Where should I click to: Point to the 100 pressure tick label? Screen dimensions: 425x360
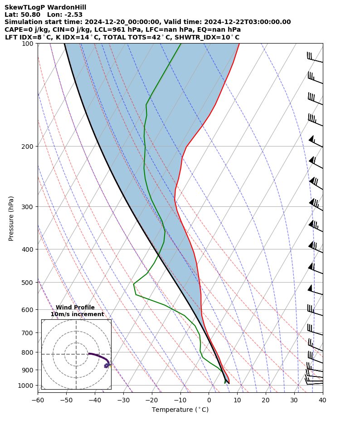click(x=29, y=44)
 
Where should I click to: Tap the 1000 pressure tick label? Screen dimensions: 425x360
click(x=27, y=386)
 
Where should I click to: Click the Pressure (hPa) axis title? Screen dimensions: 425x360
click(x=11, y=218)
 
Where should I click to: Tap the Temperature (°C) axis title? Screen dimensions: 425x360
click(x=180, y=410)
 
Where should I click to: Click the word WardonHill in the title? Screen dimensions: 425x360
click(x=65, y=7)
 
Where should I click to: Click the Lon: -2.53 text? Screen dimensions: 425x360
click(x=65, y=15)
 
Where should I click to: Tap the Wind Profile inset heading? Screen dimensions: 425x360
click(x=75, y=308)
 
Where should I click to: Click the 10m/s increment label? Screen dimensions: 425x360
click(x=77, y=314)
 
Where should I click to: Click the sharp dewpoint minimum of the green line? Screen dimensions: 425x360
click(x=134, y=284)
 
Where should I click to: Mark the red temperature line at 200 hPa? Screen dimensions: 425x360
click(x=186, y=147)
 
